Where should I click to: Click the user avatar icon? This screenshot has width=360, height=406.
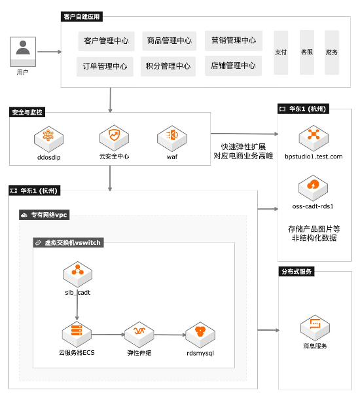[23, 52]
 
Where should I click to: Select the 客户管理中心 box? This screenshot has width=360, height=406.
[107, 41]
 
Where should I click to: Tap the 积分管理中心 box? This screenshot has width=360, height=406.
[168, 66]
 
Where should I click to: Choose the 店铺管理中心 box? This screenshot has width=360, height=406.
[233, 65]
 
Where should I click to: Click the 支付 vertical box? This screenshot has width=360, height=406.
[281, 52]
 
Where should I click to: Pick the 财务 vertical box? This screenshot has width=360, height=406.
[332, 52]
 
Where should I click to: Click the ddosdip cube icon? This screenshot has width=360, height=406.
[48, 139]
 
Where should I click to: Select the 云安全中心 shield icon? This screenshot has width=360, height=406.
[114, 138]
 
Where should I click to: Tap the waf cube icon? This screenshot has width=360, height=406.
[172, 138]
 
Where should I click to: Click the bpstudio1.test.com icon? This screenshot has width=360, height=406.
[314, 138]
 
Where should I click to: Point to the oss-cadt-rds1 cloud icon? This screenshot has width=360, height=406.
[313, 188]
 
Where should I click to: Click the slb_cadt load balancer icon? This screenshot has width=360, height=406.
[77, 274]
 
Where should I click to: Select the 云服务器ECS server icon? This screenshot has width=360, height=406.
[77, 334]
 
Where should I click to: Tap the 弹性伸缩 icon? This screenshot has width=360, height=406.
[139, 335]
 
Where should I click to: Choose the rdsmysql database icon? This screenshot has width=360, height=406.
[200, 335]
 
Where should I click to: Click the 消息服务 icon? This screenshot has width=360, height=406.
[315, 328]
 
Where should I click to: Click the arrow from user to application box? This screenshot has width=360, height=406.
[50, 52]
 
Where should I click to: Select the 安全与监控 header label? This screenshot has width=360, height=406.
[27, 112]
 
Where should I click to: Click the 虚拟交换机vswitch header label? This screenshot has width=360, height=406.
[68, 242]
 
